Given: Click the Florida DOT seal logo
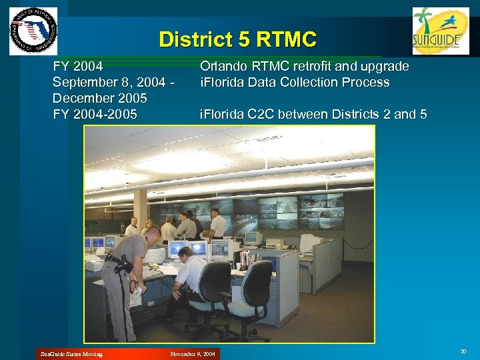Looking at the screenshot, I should [x=33, y=31].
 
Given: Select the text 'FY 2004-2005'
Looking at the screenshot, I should [x=95, y=114].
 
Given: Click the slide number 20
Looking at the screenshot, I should [x=463, y=351].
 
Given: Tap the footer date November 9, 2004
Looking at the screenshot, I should [x=193, y=353].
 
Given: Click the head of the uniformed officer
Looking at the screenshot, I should [x=153, y=235].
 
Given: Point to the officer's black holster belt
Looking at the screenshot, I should [x=121, y=263].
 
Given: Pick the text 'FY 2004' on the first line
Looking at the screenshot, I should [x=78, y=67].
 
